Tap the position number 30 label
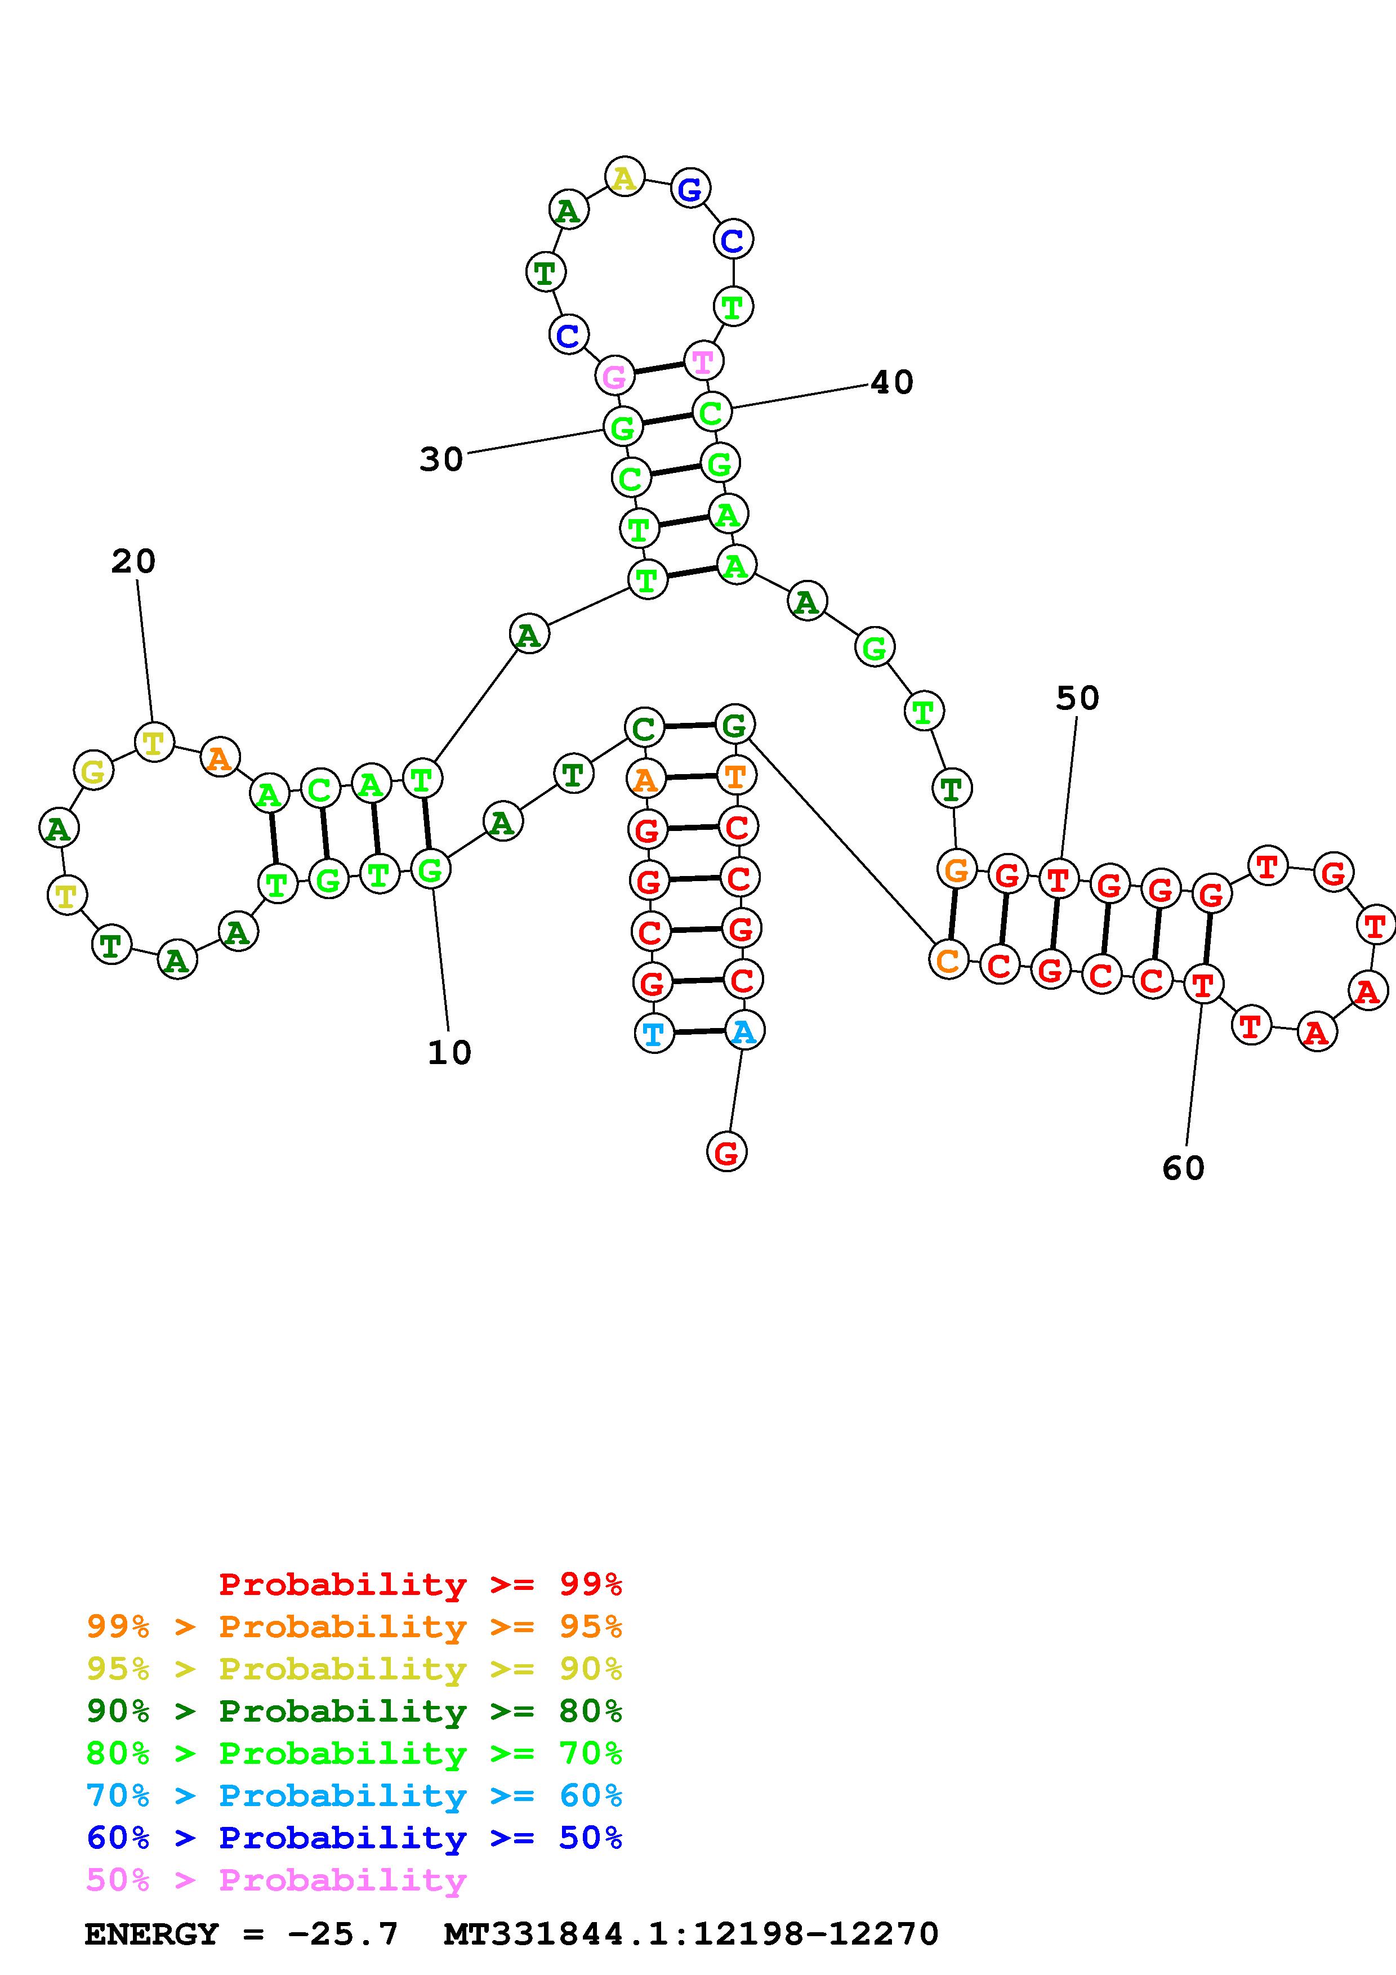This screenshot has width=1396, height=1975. [x=441, y=459]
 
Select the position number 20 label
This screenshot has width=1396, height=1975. [x=133, y=562]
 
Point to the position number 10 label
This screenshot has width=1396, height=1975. [x=449, y=1052]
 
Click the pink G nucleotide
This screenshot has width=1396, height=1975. [x=614, y=376]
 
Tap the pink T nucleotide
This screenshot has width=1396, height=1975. [x=703, y=361]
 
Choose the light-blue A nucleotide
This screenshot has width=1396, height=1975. [x=744, y=1030]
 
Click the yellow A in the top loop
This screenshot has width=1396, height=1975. [x=625, y=177]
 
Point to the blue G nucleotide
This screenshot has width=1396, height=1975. [x=690, y=189]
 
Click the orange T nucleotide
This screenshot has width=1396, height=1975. [x=736, y=776]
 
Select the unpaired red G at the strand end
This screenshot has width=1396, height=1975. [x=727, y=1152]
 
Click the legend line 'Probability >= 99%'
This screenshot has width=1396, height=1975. [x=421, y=1584]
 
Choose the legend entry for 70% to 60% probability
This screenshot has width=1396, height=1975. [x=354, y=1795]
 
